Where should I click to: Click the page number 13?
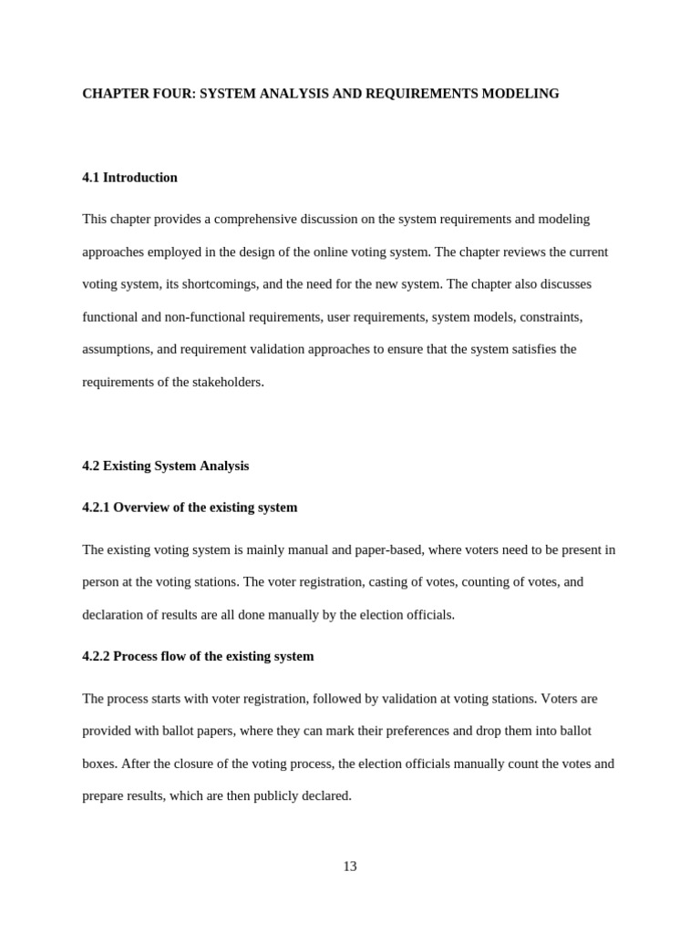(350, 866)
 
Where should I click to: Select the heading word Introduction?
(140, 178)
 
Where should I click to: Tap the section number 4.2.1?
(96, 508)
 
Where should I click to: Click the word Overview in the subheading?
(141, 508)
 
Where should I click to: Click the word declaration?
(116, 615)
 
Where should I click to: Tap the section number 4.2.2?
(96, 657)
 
